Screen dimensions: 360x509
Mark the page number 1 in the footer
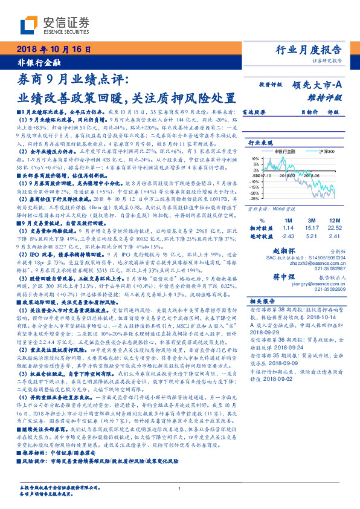click(180, 489)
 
